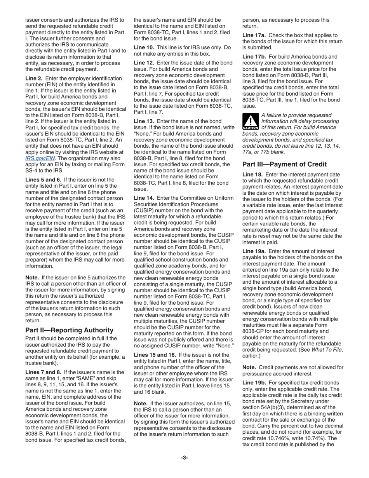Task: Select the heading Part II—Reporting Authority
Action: click(x=69, y=330)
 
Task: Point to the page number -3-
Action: click(x=184, y=457)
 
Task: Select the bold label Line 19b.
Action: click(x=254, y=382)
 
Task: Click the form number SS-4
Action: click(x=31, y=170)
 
